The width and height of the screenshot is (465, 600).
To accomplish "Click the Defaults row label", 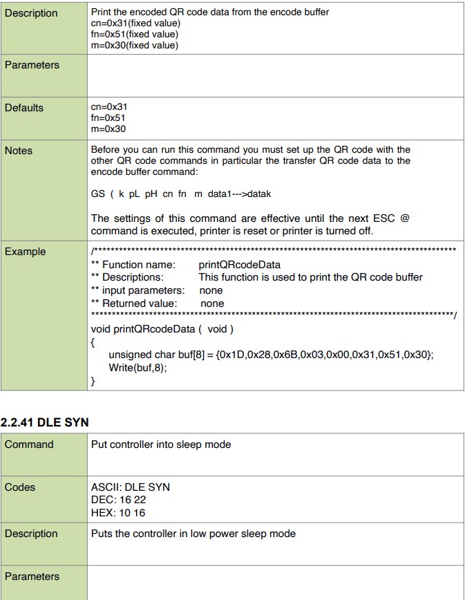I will (24, 108).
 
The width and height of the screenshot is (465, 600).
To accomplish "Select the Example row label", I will (26, 252).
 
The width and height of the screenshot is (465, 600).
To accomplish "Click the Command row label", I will (29, 444).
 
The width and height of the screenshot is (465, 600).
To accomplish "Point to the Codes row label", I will (20, 487).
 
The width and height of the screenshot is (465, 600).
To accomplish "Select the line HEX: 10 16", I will (118, 513).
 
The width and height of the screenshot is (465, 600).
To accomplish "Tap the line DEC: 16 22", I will (118, 500).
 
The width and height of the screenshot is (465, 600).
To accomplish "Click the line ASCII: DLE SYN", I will (131, 487).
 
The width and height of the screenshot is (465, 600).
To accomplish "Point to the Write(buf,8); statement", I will (138, 368).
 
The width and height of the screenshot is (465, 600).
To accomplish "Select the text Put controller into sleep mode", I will (161, 444).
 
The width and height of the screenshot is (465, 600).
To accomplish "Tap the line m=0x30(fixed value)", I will (135, 46).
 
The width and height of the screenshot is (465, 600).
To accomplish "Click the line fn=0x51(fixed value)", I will (135, 34).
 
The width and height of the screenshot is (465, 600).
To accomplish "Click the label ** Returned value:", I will (134, 303).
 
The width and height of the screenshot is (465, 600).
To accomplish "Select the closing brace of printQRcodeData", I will (93, 381).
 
